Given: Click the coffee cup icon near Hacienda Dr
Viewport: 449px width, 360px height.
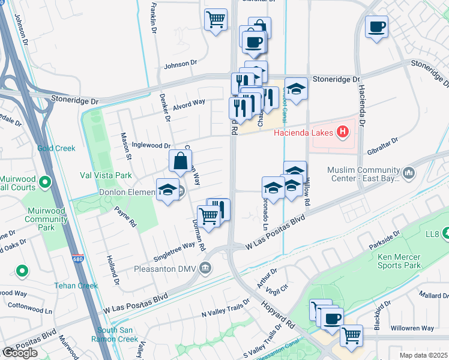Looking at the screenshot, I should pos(376,27).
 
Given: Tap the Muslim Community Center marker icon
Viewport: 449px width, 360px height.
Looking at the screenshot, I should pos(409,173).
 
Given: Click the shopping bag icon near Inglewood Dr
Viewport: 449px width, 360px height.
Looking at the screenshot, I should pos(180,161).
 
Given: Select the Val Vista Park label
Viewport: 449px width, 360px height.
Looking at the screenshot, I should pos(106,176).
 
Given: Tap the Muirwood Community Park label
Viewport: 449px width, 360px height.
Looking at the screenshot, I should pos(46,220).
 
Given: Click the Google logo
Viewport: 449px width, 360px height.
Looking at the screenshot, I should pos(19,353).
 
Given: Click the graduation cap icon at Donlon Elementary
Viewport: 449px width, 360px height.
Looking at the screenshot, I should pos(167,190).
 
